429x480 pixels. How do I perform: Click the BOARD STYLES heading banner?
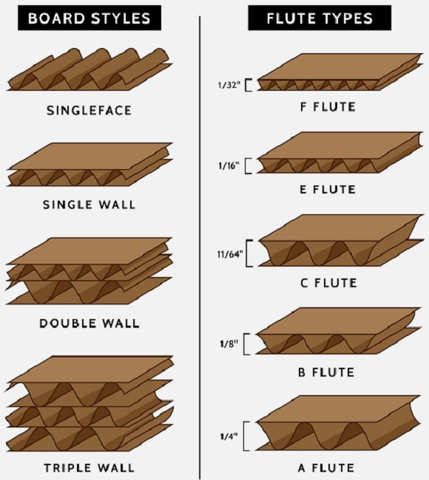click(x=89, y=18)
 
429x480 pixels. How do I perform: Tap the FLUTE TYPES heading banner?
click(x=320, y=18)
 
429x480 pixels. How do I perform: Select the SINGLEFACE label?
click(x=89, y=111)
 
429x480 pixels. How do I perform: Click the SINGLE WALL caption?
click(x=89, y=205)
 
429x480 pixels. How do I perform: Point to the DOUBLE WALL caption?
click(x=89, y=323)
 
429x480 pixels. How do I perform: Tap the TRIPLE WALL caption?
click(x=89, y=467)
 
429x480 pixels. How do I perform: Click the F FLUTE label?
click(x=328, y=107)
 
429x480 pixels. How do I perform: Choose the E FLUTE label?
click(x=328, y=190)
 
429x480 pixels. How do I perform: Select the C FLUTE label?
click(x=328, y=283)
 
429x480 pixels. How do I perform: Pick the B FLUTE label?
click(x=326, y=372)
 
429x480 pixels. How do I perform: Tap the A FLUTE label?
click(x=326, y=467)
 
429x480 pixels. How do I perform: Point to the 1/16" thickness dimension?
click(x=229, y=165)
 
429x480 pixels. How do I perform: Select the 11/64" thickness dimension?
click(x=230, y=254)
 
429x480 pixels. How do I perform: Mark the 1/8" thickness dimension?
click(x=229, y=344)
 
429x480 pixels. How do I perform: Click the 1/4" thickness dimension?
click(x=229, y=436)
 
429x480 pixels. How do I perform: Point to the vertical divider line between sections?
click(x=200, y=248)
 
